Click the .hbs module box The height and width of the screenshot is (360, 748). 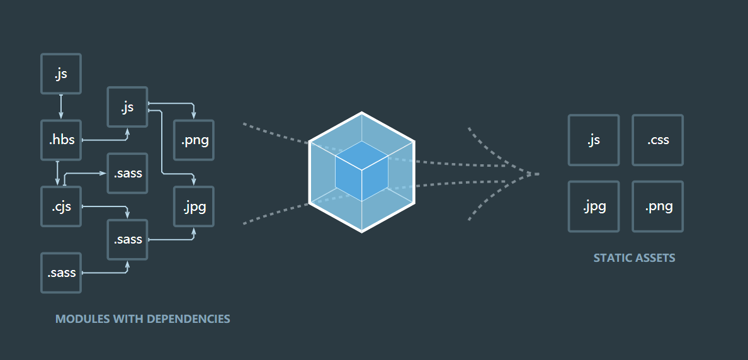point(61,140)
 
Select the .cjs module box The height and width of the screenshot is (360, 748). point(61,206)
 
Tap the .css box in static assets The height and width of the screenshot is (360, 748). point(658,140)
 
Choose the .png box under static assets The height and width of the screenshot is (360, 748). point(658,206)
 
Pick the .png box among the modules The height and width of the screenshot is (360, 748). point(194,140)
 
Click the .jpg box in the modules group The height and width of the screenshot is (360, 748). point(194,206)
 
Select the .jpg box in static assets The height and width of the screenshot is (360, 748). point(594,206)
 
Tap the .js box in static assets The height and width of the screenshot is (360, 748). point(594,140)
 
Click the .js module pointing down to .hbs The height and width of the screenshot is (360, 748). point(61,74)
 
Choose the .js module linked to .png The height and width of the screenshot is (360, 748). point(127,107)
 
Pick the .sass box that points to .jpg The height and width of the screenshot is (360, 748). point(127,239)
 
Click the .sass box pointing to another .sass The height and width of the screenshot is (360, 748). point(61,273)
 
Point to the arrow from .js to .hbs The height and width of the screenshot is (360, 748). point(61,107)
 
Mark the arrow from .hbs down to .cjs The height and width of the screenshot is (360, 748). point(57,173)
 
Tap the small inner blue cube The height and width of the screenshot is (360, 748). point(361,171)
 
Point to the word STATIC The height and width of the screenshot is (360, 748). point(608,258)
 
